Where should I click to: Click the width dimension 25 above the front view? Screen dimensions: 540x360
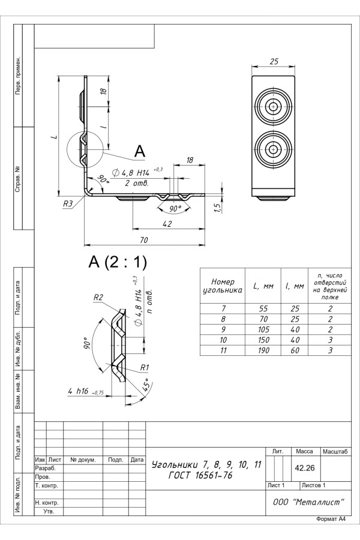[274, 62]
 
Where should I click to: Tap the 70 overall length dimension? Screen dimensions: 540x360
[144, 240]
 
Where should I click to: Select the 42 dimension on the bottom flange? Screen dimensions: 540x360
[167, 224]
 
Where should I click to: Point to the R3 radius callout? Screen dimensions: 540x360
[68, 203]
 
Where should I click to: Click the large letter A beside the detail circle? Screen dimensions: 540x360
[139, 152]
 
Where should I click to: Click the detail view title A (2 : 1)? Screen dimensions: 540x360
[118, 262]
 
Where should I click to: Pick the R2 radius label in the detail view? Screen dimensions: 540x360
[99, 298]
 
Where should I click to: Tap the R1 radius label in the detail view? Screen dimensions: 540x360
[144, 367]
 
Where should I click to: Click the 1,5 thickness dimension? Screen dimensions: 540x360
[217, 207]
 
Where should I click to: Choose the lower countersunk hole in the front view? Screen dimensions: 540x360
[274, 148]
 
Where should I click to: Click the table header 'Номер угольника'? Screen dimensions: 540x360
[223, 286]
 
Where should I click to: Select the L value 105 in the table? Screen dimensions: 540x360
[263, 329]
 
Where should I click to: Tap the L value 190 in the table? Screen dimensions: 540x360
[263, 350]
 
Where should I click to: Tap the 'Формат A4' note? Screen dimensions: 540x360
[331, 519]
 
